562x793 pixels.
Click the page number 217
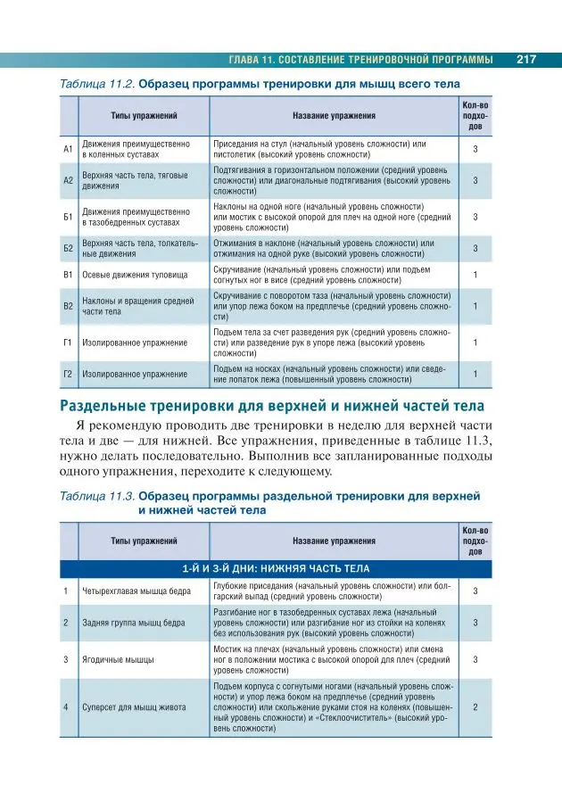(525, 60)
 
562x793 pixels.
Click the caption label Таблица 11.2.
(96, 84)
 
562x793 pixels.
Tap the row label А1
(68, 149)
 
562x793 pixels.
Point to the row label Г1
(68, 342)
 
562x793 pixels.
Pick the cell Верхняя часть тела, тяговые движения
(135, 180)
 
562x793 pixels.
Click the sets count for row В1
(475, 274)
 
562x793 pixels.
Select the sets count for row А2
(475, 180)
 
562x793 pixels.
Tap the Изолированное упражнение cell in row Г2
(135, 374)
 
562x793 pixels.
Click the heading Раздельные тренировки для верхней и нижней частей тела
(259, 407)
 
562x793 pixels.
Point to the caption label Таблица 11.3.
(96, 494)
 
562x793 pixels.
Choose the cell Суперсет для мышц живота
(134, 707)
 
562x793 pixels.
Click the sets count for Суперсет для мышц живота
(475, 707)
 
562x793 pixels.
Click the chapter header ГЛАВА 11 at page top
(360, 60)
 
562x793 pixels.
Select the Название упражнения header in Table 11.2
(334, 116)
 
